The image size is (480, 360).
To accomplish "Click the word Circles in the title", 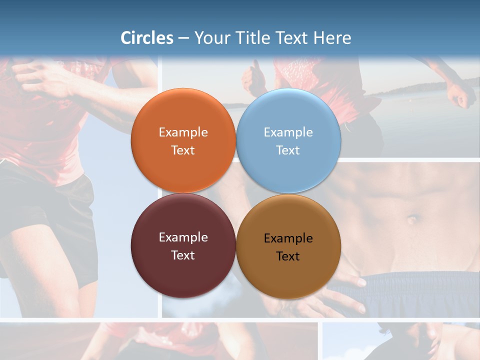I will (147, 38).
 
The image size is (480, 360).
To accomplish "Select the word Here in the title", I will (332, 38).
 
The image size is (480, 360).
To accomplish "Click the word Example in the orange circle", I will (183, 132).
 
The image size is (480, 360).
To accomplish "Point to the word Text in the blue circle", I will (288, 150).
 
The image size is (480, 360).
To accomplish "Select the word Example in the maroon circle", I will (183, 237).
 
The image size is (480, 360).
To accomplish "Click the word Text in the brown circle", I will (288, 256).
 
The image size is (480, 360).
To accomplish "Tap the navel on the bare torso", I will (412, 219).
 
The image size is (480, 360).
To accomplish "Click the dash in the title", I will (183, 38).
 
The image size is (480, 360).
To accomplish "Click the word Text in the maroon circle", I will (183, 255).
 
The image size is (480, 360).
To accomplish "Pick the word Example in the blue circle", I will (288, 132).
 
